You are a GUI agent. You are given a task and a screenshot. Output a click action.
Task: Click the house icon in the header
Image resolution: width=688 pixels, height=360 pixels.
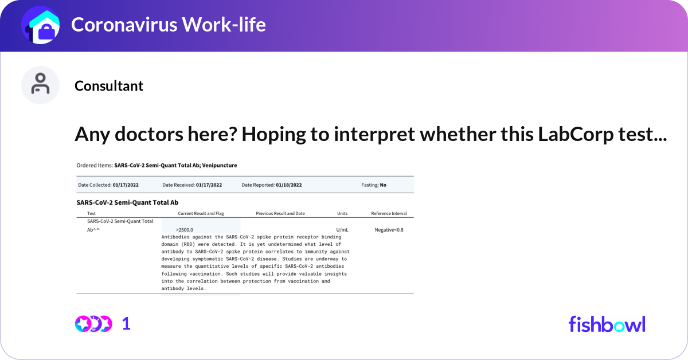tap(41, 25)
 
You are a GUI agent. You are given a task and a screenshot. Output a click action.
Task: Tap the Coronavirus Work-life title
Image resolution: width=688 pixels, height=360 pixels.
tap(169, 25)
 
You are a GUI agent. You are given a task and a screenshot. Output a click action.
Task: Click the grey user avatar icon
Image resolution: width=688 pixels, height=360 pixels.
tap(40, 85)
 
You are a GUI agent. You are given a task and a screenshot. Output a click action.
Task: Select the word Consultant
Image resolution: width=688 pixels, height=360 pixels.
tap(109, 85)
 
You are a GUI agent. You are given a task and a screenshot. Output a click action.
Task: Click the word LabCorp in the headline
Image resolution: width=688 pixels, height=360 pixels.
tap(575, 135)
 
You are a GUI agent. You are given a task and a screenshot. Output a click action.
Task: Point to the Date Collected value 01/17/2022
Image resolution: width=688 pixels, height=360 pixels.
tap(126, 185)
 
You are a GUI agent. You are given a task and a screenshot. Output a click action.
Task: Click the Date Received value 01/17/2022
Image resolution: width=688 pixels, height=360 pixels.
tap(209, 185)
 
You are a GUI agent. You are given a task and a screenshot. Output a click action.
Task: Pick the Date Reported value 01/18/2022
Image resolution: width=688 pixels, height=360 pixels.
tap(289, 185)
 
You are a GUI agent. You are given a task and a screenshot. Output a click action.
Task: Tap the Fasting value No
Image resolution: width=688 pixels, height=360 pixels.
tap(383, 185)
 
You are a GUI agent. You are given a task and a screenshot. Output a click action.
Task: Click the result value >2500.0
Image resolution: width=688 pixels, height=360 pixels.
tap(184, 230)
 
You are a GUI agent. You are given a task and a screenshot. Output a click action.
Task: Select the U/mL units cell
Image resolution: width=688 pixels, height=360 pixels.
tap(342, 230)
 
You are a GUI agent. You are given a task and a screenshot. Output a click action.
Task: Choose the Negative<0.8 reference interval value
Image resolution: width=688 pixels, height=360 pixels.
tap(389, 230)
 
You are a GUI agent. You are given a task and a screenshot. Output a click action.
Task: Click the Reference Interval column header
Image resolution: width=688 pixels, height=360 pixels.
tap(389, 213)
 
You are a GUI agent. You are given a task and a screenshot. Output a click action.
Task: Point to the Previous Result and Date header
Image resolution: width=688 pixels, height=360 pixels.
tap(280, 213)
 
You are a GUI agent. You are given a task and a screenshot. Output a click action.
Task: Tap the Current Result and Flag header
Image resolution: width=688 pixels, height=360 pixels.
tap(201, 213)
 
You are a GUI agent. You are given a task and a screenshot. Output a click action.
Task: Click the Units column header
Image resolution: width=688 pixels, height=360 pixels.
tap(342, 213)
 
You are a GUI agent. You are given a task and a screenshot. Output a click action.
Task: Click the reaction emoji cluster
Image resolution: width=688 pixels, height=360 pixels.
tap(93, 324)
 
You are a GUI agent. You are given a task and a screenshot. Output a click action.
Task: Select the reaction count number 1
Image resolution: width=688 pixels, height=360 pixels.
tap(126, 324)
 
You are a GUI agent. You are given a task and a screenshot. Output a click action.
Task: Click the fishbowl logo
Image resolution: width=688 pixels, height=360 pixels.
tap(607, 324)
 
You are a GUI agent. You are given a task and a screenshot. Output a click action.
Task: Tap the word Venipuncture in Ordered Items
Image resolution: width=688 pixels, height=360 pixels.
tap(219, 165)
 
